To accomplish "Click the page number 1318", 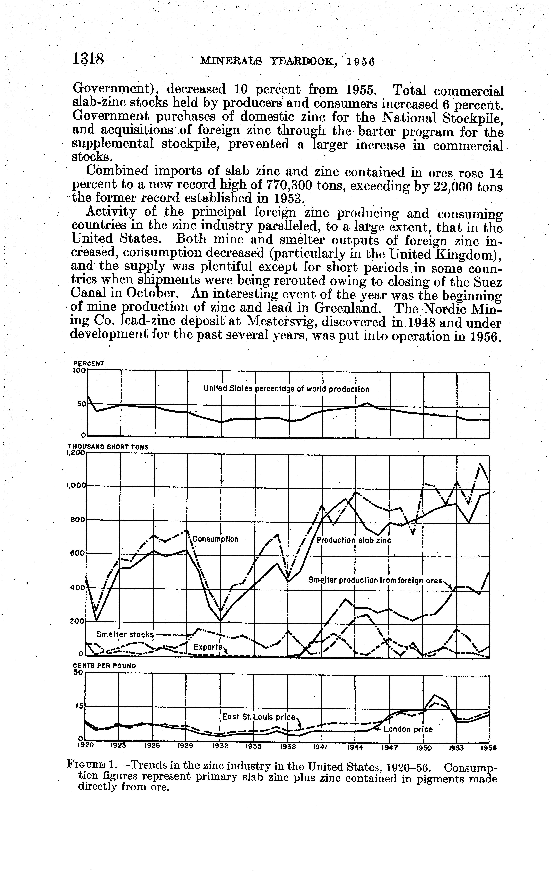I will [x=89, y=59].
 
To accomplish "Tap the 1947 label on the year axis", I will [x=389, y=747].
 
